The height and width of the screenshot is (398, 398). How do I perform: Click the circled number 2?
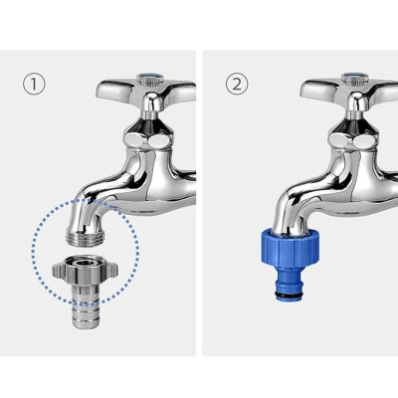[x=236, y=84]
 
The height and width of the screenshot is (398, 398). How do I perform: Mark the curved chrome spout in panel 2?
[x=298, y=189]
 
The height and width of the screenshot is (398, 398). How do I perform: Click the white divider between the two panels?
[x=199, y=199]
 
